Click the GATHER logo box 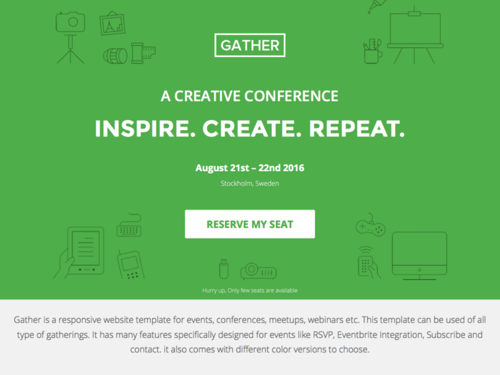[250, 34]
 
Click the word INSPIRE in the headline [146, 129]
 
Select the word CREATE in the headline [252, 129]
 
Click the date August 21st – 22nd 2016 [250, 168]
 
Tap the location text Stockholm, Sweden [250, 184]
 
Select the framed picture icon [112, 24]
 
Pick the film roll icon [143, 53]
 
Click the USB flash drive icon [224, 269]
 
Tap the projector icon [259, 271]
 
